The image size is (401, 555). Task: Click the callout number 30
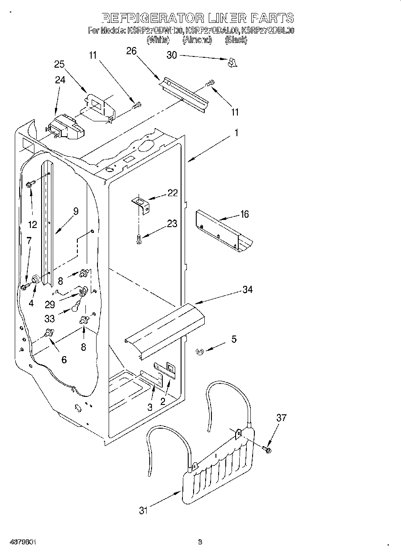tap(172, 55)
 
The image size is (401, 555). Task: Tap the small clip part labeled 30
tap(231, 63)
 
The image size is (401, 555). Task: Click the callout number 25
tap(59, 64)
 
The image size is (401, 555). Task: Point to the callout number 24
tap(60, 80)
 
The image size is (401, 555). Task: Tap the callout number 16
tap(244, 214)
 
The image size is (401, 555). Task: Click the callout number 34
tap(247, 290)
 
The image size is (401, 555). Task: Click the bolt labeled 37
tap(267, 448)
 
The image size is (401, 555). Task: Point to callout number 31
tap(143, 510)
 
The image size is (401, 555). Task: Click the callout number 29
tap(50, 304)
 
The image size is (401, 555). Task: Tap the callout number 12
tap(32, 224)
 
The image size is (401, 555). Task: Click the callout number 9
tap(76, 211)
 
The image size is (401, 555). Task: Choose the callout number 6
tap(64, 359)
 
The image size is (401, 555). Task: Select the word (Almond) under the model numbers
tap(197, 40)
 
